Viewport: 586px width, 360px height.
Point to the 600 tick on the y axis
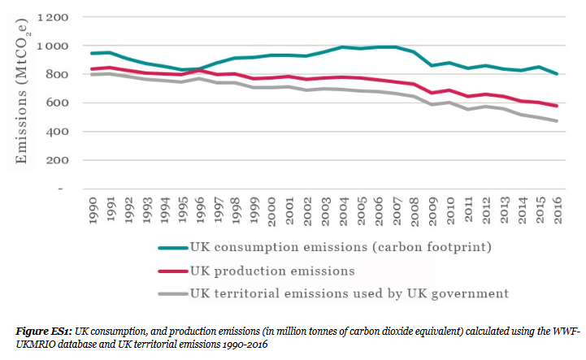point(55,103)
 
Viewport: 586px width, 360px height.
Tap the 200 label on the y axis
point(55,160)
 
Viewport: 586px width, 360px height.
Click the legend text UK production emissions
point(272,270)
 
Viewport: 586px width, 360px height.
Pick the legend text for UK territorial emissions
point(349,293)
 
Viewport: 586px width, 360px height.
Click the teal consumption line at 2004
point(344,47)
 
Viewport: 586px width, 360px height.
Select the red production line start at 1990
point(92,69)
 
